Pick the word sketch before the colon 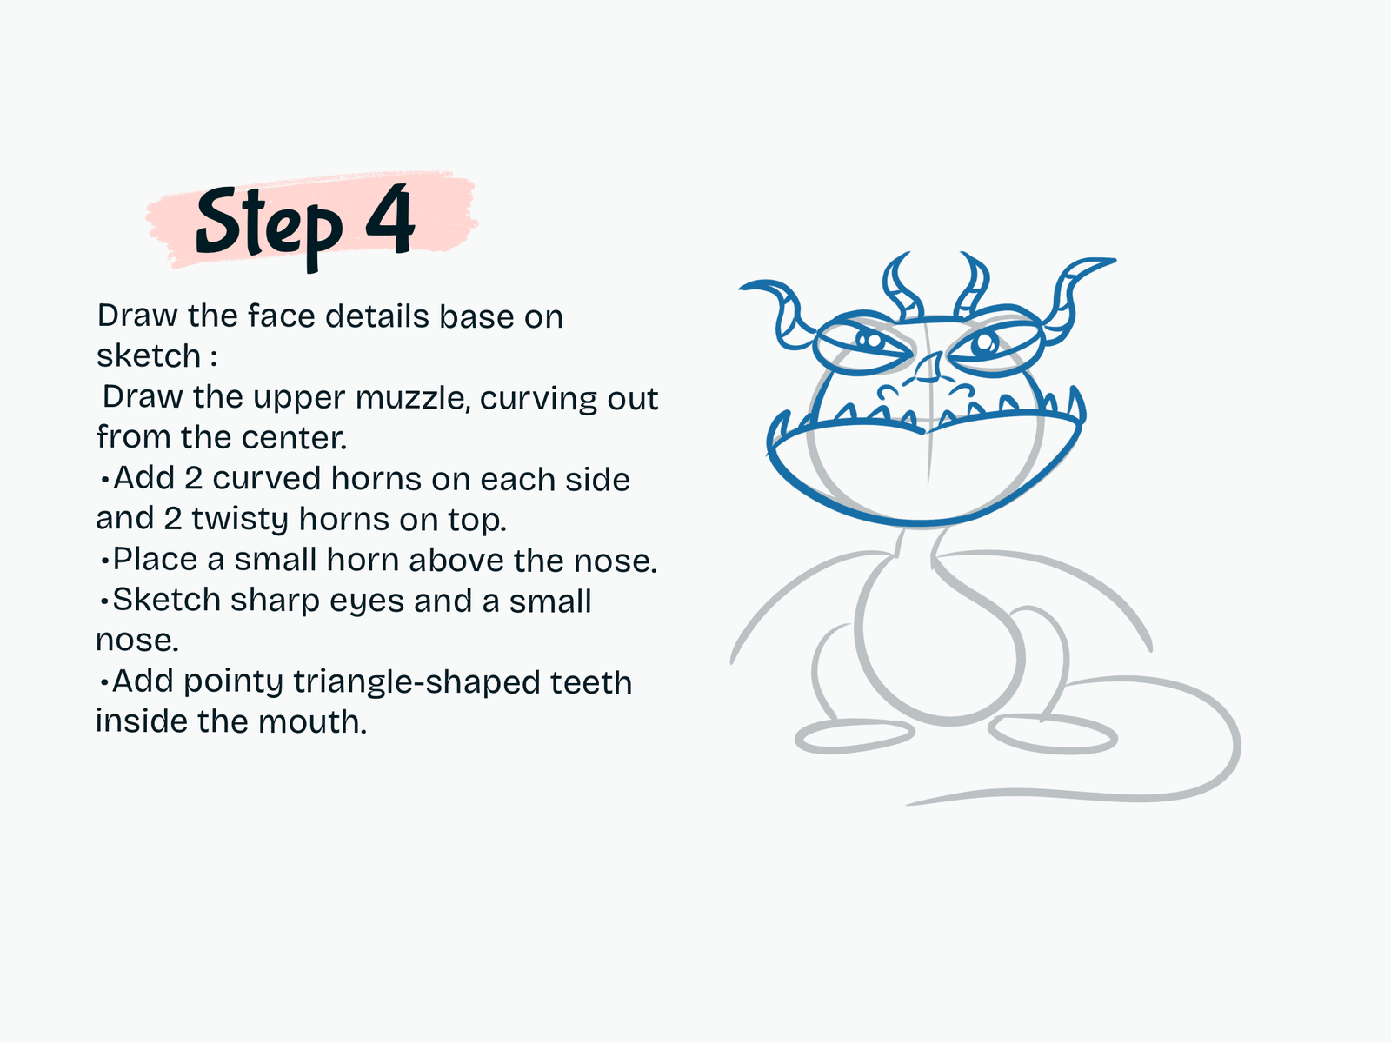149,355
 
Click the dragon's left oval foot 855,736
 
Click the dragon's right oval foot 1053,734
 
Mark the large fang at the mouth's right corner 1076,405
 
